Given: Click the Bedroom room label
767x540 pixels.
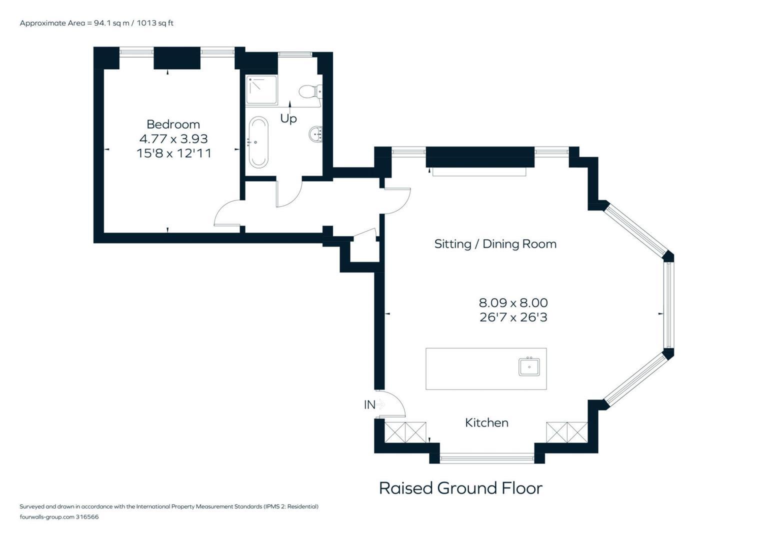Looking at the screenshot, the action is (173, 124).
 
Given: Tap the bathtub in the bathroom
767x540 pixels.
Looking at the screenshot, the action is (258, 142).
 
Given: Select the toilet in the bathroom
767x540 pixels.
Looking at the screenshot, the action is (310, 91).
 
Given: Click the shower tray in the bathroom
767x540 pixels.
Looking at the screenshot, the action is (261, 89).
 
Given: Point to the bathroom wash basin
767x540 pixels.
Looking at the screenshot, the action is (315, 133).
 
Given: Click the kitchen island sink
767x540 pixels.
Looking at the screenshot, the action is (529, 366).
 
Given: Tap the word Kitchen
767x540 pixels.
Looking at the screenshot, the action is (486, 422).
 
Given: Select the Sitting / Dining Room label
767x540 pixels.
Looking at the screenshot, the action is (495, 244).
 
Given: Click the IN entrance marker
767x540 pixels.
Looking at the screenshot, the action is (370, 404).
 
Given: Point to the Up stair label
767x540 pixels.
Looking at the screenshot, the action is (288, 118).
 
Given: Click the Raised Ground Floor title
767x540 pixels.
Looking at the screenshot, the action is (460, 488).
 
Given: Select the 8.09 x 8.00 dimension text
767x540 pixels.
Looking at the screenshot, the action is (513, 302).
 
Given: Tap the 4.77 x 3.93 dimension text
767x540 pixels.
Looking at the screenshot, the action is (173, 138).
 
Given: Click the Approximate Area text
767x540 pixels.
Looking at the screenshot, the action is (96, 23).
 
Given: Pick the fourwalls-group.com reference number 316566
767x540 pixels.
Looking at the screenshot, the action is (87, 516).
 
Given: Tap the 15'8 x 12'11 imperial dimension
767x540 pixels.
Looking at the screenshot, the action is (173, 153).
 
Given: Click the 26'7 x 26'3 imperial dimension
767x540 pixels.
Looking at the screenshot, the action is (513, 317).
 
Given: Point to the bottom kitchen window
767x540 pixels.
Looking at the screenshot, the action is (486, 458).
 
